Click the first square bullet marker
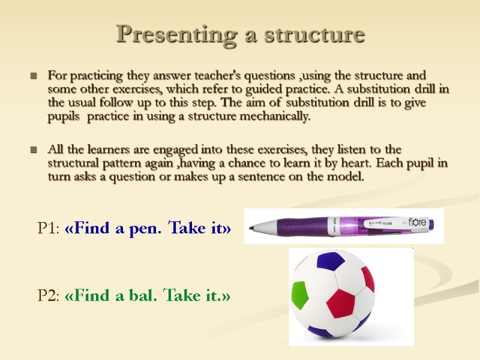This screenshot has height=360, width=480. [x=34, y=77]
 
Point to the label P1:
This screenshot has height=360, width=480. [x=49, y=229]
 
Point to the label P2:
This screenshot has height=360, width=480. [x=49, y=295]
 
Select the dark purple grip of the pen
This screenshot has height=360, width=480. [x=295, y=226]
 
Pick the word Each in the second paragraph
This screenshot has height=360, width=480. [x=378, y=163]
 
